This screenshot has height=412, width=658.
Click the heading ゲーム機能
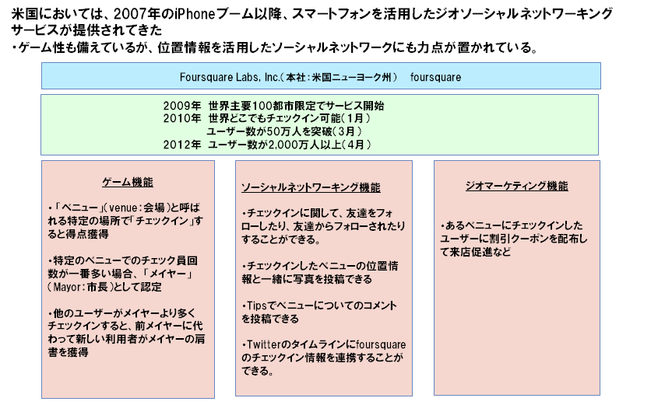click(x=128, y=183)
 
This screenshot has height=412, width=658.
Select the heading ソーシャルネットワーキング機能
click(x=311, y=187)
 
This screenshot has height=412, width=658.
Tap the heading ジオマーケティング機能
click(x=516, y=186)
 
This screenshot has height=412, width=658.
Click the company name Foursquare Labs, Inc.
click(x=230, y=77)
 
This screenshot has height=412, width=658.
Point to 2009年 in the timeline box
click(x=182, y=106)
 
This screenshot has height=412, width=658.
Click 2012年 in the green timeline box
click(x=182, y=145)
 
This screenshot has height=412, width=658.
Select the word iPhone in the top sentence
click(x=195, y=14)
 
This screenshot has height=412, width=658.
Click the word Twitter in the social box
click(x=263, y=344)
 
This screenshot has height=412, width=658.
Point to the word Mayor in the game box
click(x=67, y=287)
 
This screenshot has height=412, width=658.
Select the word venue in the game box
click(x=123, y=208)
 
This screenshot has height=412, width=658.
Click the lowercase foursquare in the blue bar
click(x=435, y=77)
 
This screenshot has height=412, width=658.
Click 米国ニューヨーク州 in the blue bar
click(x=352, y=77)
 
